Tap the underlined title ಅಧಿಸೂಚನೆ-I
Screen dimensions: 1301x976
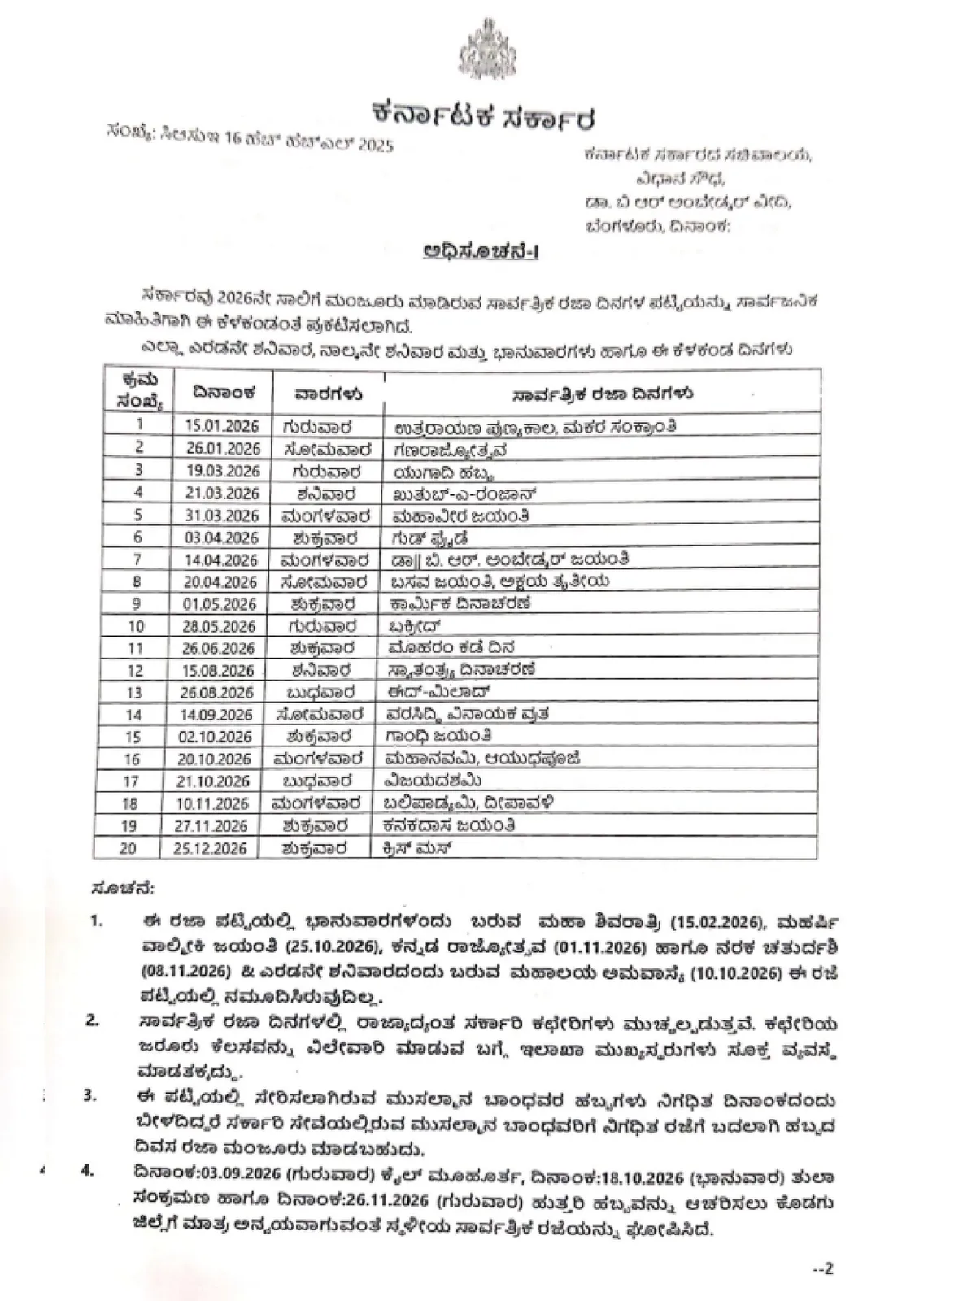(481, 251)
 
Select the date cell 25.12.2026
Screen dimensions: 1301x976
(216, 848)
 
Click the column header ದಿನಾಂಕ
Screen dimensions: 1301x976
(224, 393)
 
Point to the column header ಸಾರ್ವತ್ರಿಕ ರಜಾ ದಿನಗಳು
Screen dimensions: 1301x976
(603, 394)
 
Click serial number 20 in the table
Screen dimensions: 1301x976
(128, 848)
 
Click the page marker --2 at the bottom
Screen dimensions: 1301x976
(823, 1268)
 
